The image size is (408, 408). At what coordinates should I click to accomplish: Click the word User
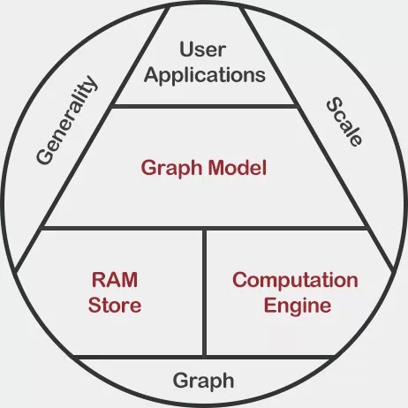coord(203,49)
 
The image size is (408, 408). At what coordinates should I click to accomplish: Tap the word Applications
coord(205,75)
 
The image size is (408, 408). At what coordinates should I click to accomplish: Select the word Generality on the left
coord(66,120)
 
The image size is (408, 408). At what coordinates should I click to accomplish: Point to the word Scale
coord(344,121)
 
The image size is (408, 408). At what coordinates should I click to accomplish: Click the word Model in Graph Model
coord(238,168)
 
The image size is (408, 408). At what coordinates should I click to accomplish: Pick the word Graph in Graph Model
coord(172,169)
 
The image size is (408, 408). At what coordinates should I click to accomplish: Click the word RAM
coord(115,280)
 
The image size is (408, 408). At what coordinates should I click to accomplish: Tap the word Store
coord(115,305)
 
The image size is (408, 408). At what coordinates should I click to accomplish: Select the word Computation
coord(295,280)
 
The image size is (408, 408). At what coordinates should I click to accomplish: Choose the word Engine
coord(298,306)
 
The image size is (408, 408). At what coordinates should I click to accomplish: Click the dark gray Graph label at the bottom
coord(203,382)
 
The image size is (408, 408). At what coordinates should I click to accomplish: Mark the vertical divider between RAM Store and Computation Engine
coord(205,292)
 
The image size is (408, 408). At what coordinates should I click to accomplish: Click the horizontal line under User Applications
coord(205,106)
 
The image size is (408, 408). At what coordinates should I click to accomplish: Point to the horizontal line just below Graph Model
coord(205,229)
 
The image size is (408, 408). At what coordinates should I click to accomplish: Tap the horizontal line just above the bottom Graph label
coord(205,357)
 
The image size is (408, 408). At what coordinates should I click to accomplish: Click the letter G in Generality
coord(45,155)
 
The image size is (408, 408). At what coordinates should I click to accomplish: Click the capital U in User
coord(186,49)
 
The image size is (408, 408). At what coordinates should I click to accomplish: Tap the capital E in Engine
coord(269,305)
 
